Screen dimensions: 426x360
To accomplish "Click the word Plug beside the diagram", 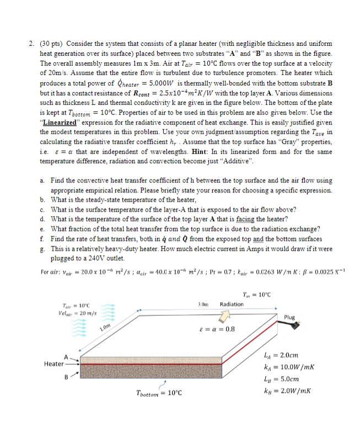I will (289, 317).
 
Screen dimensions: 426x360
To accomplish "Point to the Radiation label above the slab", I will (231, 304).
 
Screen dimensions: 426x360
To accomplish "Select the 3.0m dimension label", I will (202, 304).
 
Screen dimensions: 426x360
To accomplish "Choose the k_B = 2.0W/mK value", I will (287, 391).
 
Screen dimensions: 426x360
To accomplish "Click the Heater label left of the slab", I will (54, 364).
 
